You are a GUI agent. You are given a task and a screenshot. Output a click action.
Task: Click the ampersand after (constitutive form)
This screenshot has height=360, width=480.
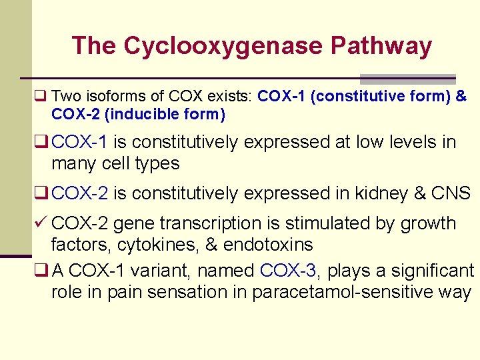[461, 97]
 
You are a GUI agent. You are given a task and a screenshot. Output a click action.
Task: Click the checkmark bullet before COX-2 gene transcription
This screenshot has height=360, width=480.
[41, 223]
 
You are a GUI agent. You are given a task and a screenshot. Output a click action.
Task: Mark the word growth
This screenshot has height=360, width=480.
[428, 223]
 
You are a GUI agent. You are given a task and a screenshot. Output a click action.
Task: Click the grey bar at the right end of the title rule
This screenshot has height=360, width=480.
[407, 78]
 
